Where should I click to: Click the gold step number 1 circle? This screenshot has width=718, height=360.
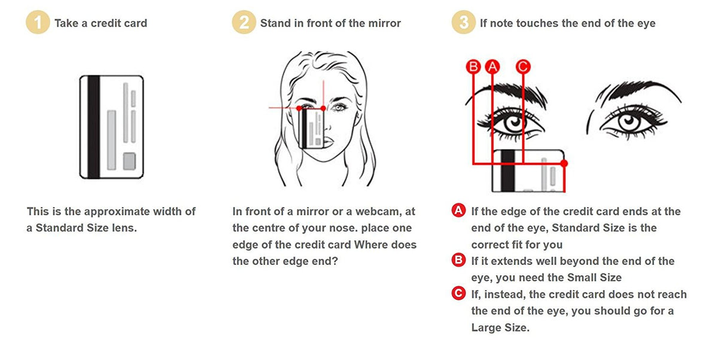(x=38, y=22)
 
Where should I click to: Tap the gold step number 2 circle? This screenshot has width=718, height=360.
(x=244, y=22)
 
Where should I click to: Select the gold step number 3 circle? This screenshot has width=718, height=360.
(x=464, y=22)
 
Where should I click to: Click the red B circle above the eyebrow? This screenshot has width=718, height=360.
(x=473, y=66)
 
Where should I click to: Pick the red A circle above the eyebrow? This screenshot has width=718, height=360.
(x=492, y=66)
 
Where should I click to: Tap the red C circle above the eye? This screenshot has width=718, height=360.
(x=523, y=66)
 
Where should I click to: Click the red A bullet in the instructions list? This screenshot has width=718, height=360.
(x=459, y=210)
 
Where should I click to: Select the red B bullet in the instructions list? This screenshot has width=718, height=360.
(x=459, y=260)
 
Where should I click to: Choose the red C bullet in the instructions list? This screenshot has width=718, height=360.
(x=459, y=294)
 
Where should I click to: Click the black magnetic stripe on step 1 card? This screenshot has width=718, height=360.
(x=93, y=127)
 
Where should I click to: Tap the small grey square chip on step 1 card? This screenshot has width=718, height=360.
(x=129, y=161)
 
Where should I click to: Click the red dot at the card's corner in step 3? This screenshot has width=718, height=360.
(x=564, y=163)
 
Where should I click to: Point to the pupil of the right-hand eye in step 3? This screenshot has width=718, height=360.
(x=629, y=121)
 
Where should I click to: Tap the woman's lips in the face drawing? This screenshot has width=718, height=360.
(x=328, y=141)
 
